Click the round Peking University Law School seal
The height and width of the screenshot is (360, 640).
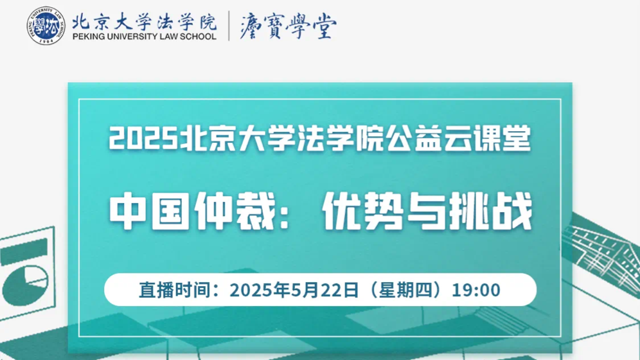pos(46,25)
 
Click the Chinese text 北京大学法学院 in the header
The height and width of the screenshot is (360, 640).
pos(145,21)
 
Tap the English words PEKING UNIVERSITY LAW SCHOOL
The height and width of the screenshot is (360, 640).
pos(145,37)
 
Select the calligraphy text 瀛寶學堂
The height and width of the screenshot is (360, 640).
pos(288,25)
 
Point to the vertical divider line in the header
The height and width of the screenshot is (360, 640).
pos(229,26)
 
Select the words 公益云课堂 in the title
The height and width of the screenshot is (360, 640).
pos(458,138)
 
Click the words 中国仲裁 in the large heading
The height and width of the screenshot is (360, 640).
pos(193,211)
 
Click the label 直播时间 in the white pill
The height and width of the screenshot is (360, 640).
pos(175,290)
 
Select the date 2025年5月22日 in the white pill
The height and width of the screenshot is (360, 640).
pos(294,290)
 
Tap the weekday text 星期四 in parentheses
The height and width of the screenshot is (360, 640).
pos(405,290)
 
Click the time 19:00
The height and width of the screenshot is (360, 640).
pos(476,290)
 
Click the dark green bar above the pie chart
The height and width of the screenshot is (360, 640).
pos(24,251)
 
